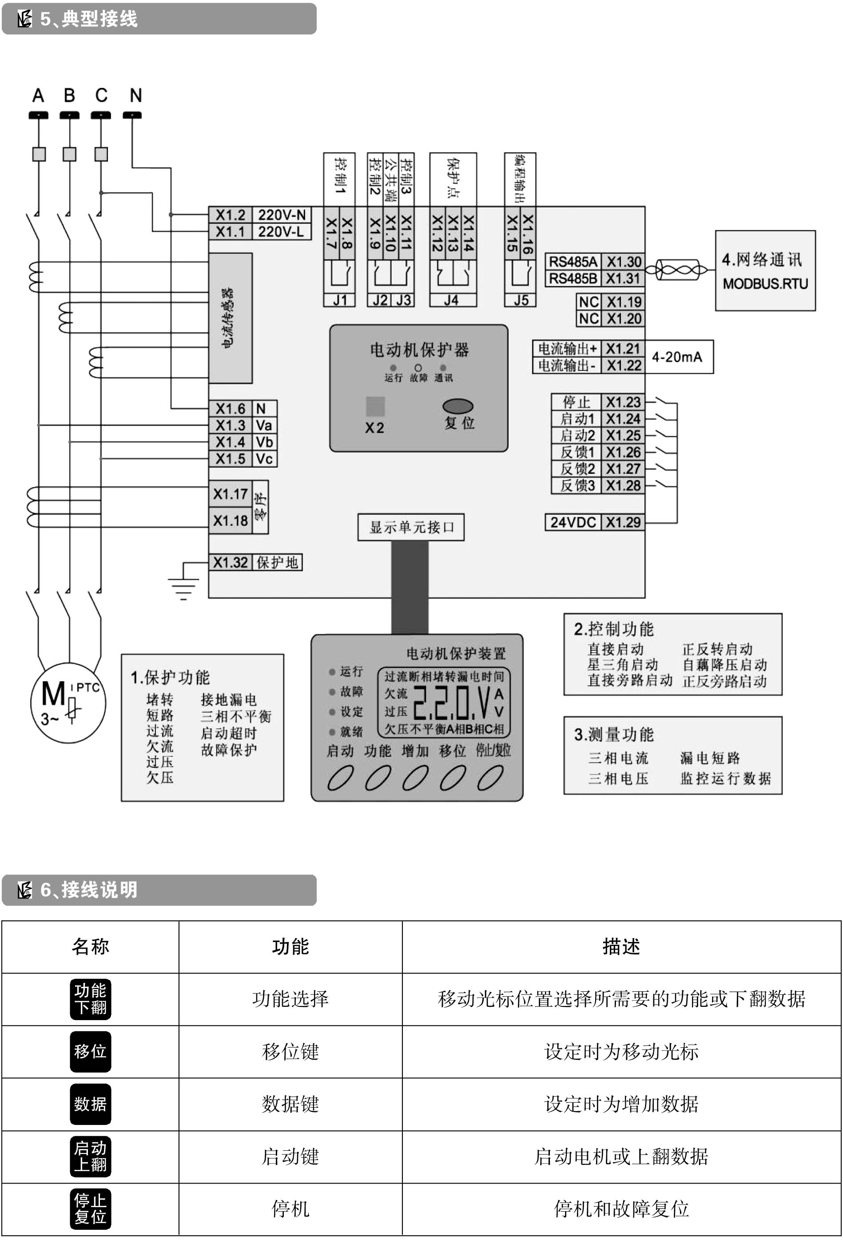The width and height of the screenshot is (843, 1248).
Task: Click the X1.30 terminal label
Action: [x=624, y=262]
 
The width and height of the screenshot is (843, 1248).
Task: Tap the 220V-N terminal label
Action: [x=281, y=215]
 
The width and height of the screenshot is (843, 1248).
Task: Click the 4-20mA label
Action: [x=676, y=357]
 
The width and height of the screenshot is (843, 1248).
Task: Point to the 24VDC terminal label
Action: [x=573, y=522]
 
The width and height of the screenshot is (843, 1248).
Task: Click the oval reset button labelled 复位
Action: [x=457, y=406]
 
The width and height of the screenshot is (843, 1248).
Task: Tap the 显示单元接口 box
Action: [x=411, y=527]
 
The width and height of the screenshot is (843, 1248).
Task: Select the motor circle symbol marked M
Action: [x=68, y=703]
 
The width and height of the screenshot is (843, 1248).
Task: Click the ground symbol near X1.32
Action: [x=183, y=588]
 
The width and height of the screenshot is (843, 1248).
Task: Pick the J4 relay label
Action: [x=451, y=300]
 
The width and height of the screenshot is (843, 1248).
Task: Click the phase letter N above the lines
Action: [x=135, y=95]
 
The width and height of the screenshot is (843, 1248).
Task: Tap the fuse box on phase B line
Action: [x=69, y=154]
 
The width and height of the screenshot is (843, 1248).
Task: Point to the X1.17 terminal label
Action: [x=230, y=494]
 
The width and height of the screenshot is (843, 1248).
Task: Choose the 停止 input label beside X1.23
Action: [x=576, y=402]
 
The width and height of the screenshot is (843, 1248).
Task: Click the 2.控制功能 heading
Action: [x=613, y=629]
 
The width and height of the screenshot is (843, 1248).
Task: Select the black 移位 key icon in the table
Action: [x=90, y=1051]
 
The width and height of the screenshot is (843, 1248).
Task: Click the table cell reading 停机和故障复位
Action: [x=621, y=1209]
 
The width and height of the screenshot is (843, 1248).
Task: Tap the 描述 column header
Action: [x=621, y=947]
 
